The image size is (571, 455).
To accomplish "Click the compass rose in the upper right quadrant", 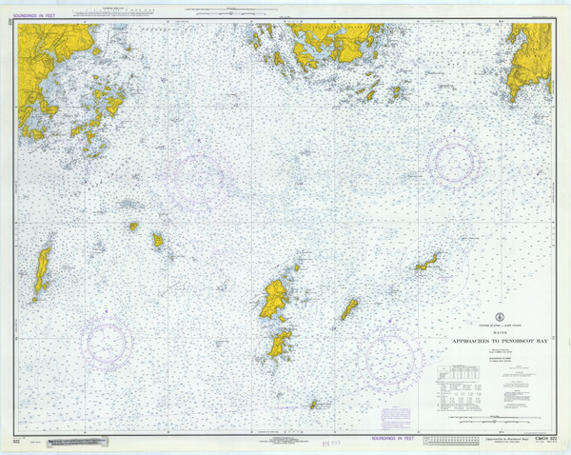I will [x=454, y=160].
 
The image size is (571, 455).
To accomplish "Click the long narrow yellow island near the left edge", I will [x=42, y=271].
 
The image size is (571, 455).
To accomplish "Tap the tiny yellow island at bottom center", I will [x=312, y=405].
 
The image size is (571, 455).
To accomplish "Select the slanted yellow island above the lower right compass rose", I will [x=349, y=309].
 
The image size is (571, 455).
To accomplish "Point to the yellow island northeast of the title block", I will [x=427, y=262].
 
